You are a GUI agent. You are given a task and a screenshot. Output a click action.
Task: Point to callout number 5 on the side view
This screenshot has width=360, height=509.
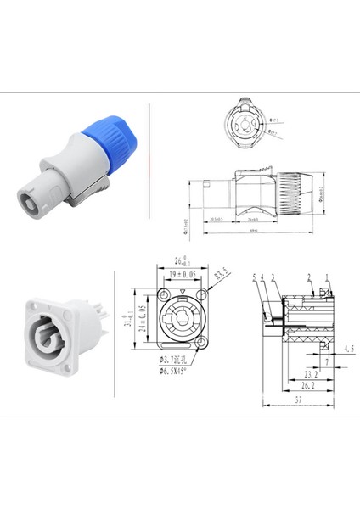click(254, 277)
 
